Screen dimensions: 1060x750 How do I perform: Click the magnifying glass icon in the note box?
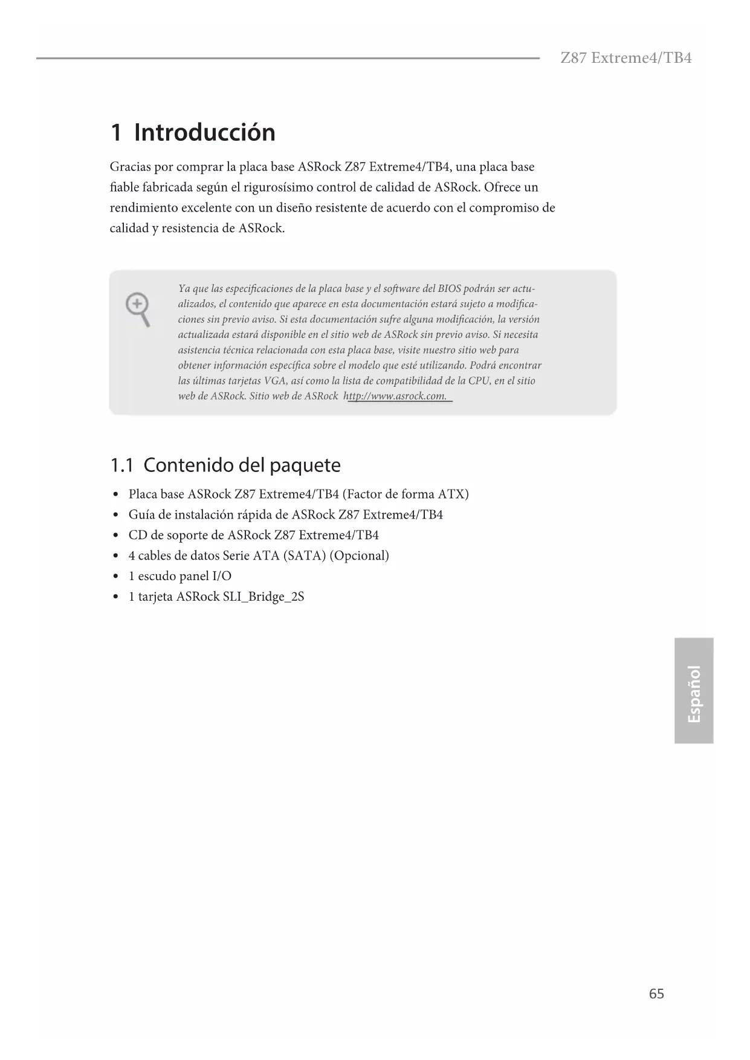coord(138,309)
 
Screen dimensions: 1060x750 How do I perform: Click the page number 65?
coord(656,994)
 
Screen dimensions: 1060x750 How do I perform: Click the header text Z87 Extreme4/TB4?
coord(626,58)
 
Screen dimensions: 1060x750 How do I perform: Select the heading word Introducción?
coord(204,132)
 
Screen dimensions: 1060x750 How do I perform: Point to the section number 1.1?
coord(121,465)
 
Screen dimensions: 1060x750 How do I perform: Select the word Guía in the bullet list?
coord(141,515)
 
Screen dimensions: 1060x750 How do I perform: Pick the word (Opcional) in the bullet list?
coord(359,556)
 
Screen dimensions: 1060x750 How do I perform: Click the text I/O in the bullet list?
coord(222,577)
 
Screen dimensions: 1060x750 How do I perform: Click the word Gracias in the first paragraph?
coord(130,167)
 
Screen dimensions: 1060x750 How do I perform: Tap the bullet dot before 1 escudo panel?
coord(115,577)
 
